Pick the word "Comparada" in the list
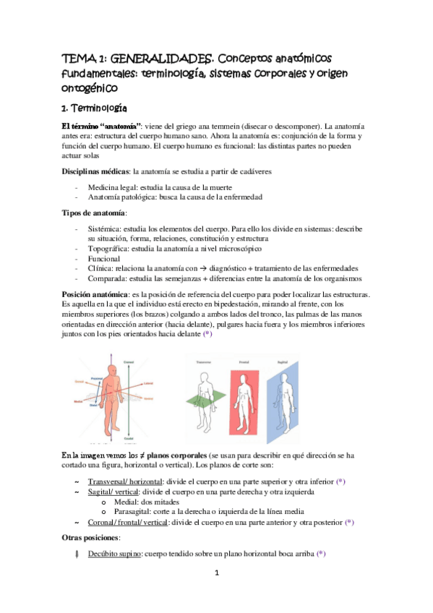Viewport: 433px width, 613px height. (x=108, y=278)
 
